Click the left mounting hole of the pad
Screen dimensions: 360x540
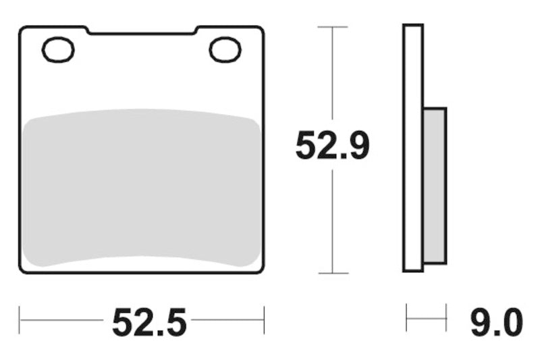tap(58, 50)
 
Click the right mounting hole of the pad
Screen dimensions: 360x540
tap(225, 50)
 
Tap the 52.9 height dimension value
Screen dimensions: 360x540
tap(332, 146)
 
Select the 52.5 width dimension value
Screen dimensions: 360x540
tap(148, 322)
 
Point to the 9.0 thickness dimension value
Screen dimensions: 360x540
tap(496, 322)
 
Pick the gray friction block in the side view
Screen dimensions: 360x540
tap(435, 186)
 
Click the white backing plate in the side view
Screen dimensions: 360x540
tap(413, 149)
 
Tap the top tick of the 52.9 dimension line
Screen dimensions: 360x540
tap(332, 27)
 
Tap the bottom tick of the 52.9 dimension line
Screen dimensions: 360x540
tap(332, 274)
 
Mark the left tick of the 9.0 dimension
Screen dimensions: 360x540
tap(406, 317)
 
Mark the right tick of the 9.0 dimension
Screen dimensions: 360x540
tap(446, 317)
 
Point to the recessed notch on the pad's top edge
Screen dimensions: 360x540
tap(142, 31)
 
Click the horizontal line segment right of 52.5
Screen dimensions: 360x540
tap(226, 319)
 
